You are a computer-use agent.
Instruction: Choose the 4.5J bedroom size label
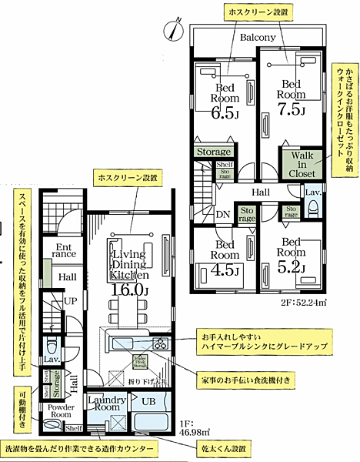[x=226, y=270]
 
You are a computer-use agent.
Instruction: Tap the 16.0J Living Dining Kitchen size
[x=129, y=290]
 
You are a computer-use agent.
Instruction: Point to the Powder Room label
[x=61, y=410]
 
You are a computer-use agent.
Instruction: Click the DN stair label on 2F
[x=222, y=214]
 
